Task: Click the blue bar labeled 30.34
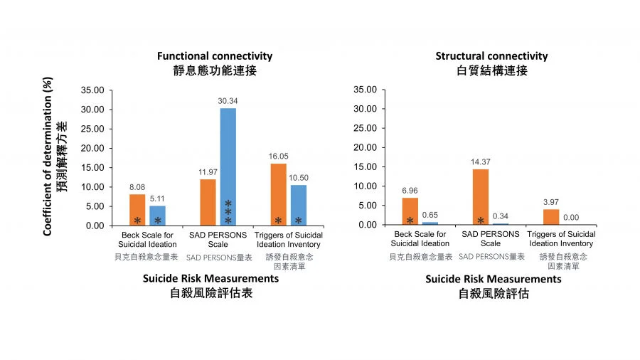(x=228, y=166)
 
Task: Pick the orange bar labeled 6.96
(x=410, y=211)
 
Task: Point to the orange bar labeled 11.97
(x=208, y=202)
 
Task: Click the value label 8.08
(x=137, y=189)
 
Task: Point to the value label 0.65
(x=430, y=216)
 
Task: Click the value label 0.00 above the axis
(x=572, y=218)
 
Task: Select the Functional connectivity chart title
(x=215, y=56)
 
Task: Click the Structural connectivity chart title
(x=492, y=56)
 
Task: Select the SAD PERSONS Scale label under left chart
(x=218, y=239)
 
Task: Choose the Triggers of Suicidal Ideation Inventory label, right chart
(x=562, y=239)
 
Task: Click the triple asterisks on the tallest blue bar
(x=228, y=211)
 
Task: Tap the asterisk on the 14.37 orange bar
(x=481, y=221)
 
